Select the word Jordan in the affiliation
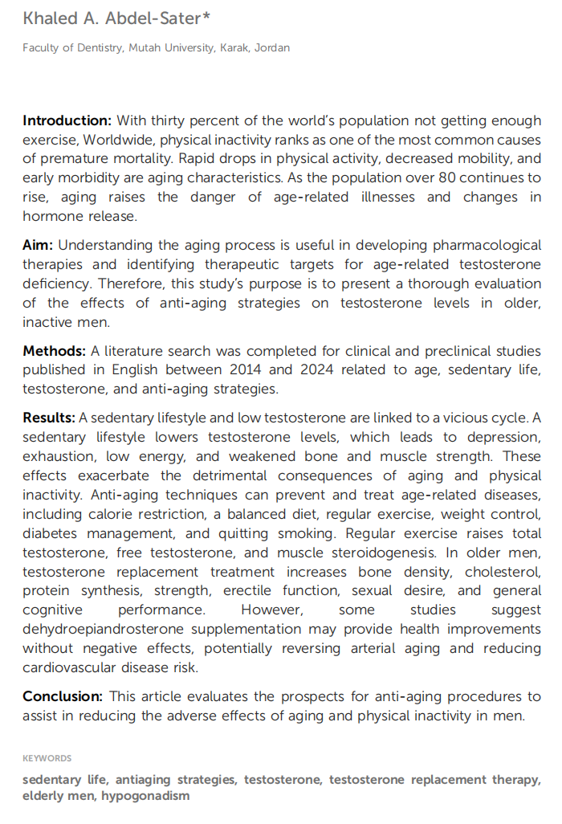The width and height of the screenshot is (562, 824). point(272,48)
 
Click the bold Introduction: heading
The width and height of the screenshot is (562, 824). point(67,121)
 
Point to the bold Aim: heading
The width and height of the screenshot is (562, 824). point(38,246)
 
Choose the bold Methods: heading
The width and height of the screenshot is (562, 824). point(55,351)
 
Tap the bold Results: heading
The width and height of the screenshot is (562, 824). point(49,418)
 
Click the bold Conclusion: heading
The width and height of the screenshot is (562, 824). point(63,696)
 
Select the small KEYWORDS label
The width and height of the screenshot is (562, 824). point(47,758)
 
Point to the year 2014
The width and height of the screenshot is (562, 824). point(250,370)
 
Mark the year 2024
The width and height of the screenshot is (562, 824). point(327,370)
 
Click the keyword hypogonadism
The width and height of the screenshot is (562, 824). point(145,797)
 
